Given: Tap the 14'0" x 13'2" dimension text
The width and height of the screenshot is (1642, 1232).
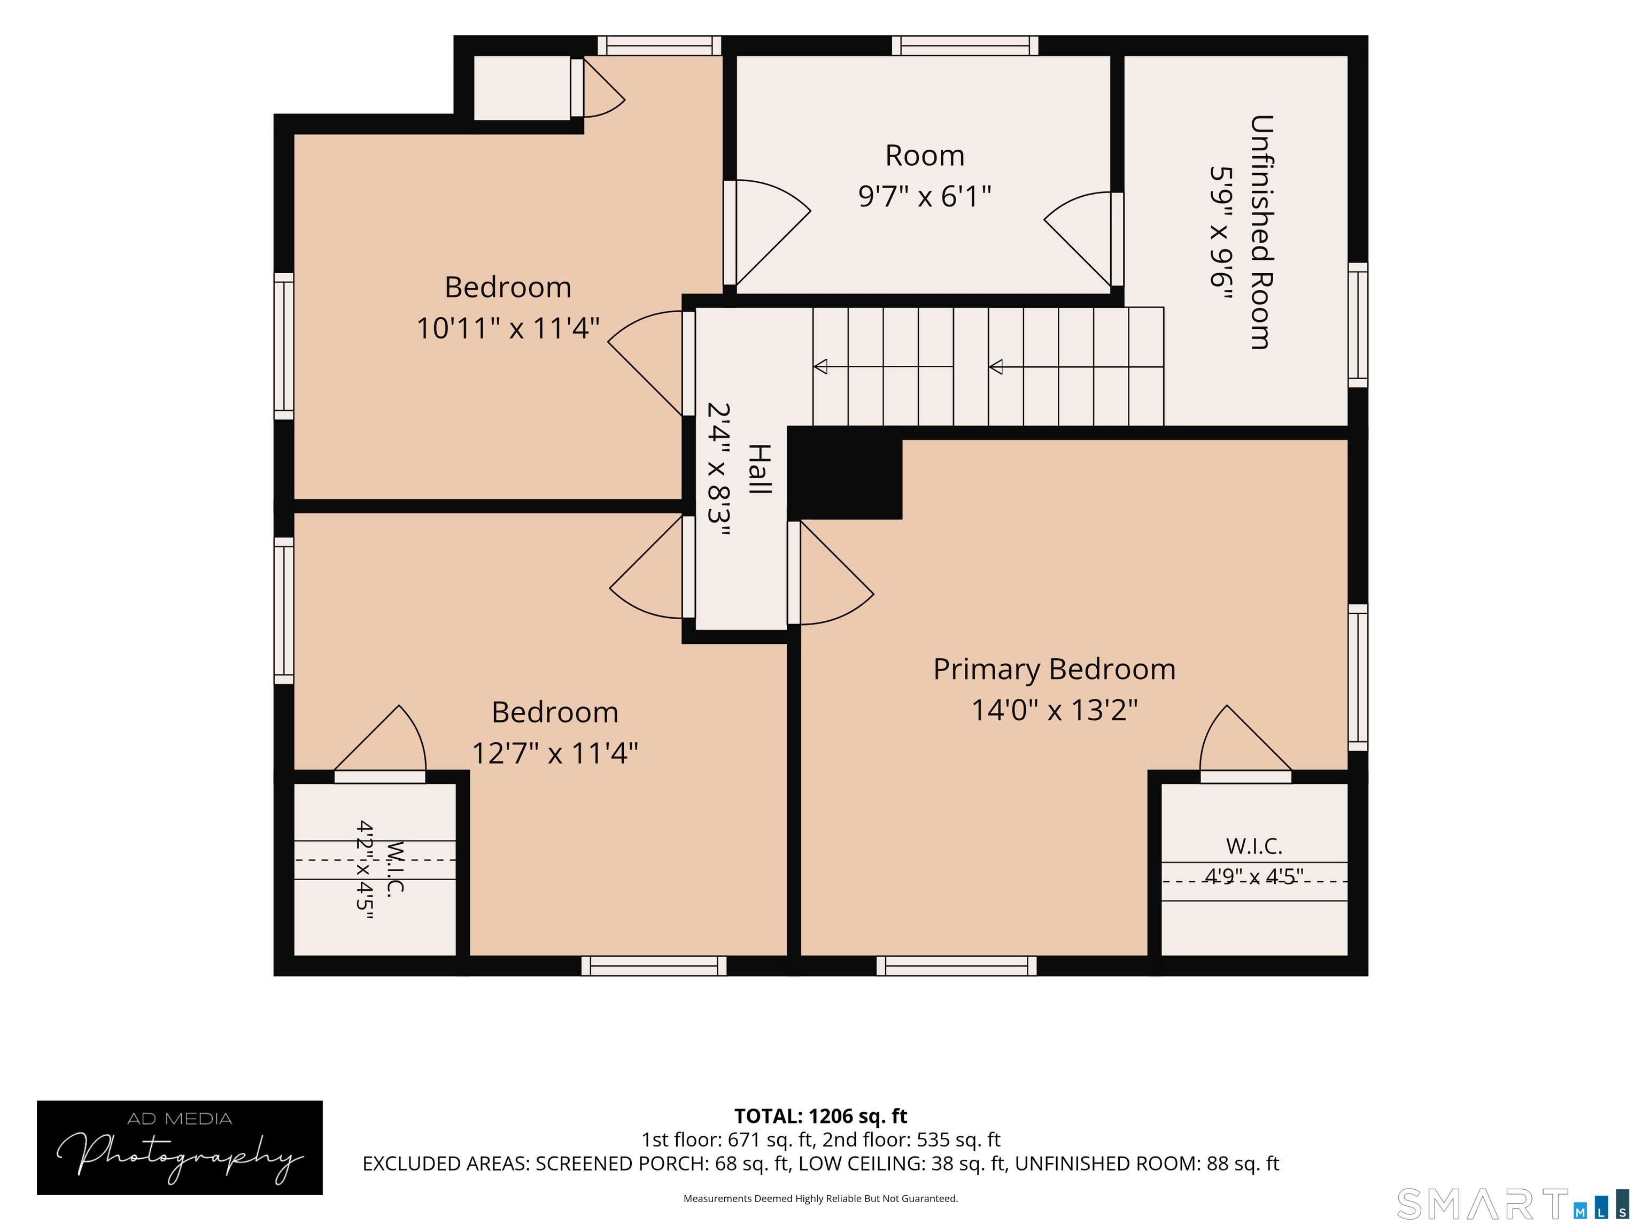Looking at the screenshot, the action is (1054, 710).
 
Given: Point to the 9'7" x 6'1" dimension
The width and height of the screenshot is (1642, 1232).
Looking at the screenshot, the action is (924, 196).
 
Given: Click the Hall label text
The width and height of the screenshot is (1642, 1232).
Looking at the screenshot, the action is (760, 469).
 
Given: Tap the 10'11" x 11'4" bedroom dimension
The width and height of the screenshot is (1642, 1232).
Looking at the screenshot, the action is (508, 327).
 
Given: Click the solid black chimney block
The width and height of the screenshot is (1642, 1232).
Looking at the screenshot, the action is (845, 473).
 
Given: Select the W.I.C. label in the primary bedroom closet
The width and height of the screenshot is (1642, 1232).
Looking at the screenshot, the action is (1254, 846).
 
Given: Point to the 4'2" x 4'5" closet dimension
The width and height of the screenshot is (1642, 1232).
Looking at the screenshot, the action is (365, 869).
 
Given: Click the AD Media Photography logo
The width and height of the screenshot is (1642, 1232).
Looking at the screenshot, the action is (180, 1148).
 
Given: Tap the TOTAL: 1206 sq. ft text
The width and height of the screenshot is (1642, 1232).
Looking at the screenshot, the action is (820, 1116).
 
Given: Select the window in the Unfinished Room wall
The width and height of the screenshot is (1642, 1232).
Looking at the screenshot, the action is (1358, 325).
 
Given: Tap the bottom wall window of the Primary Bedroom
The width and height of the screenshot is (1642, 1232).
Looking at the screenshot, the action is (956, 966).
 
